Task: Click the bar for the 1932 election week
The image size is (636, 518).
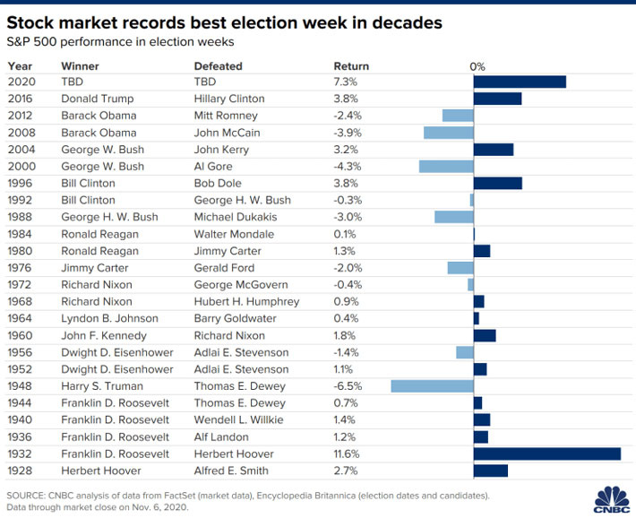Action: point(546,453)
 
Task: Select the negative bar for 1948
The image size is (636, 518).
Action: point(432,385)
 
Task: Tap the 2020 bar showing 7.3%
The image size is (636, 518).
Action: point(520,82)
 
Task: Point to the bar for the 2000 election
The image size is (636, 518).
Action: point(446,166)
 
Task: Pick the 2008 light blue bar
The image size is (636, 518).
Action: point(448,133)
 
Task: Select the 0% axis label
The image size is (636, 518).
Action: point(477,65)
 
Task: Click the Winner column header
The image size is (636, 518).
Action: point(80,65)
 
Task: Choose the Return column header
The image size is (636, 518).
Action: point(351,65)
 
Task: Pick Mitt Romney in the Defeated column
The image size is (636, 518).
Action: point(226,116)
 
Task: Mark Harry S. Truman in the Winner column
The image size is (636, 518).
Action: point(103,385)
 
